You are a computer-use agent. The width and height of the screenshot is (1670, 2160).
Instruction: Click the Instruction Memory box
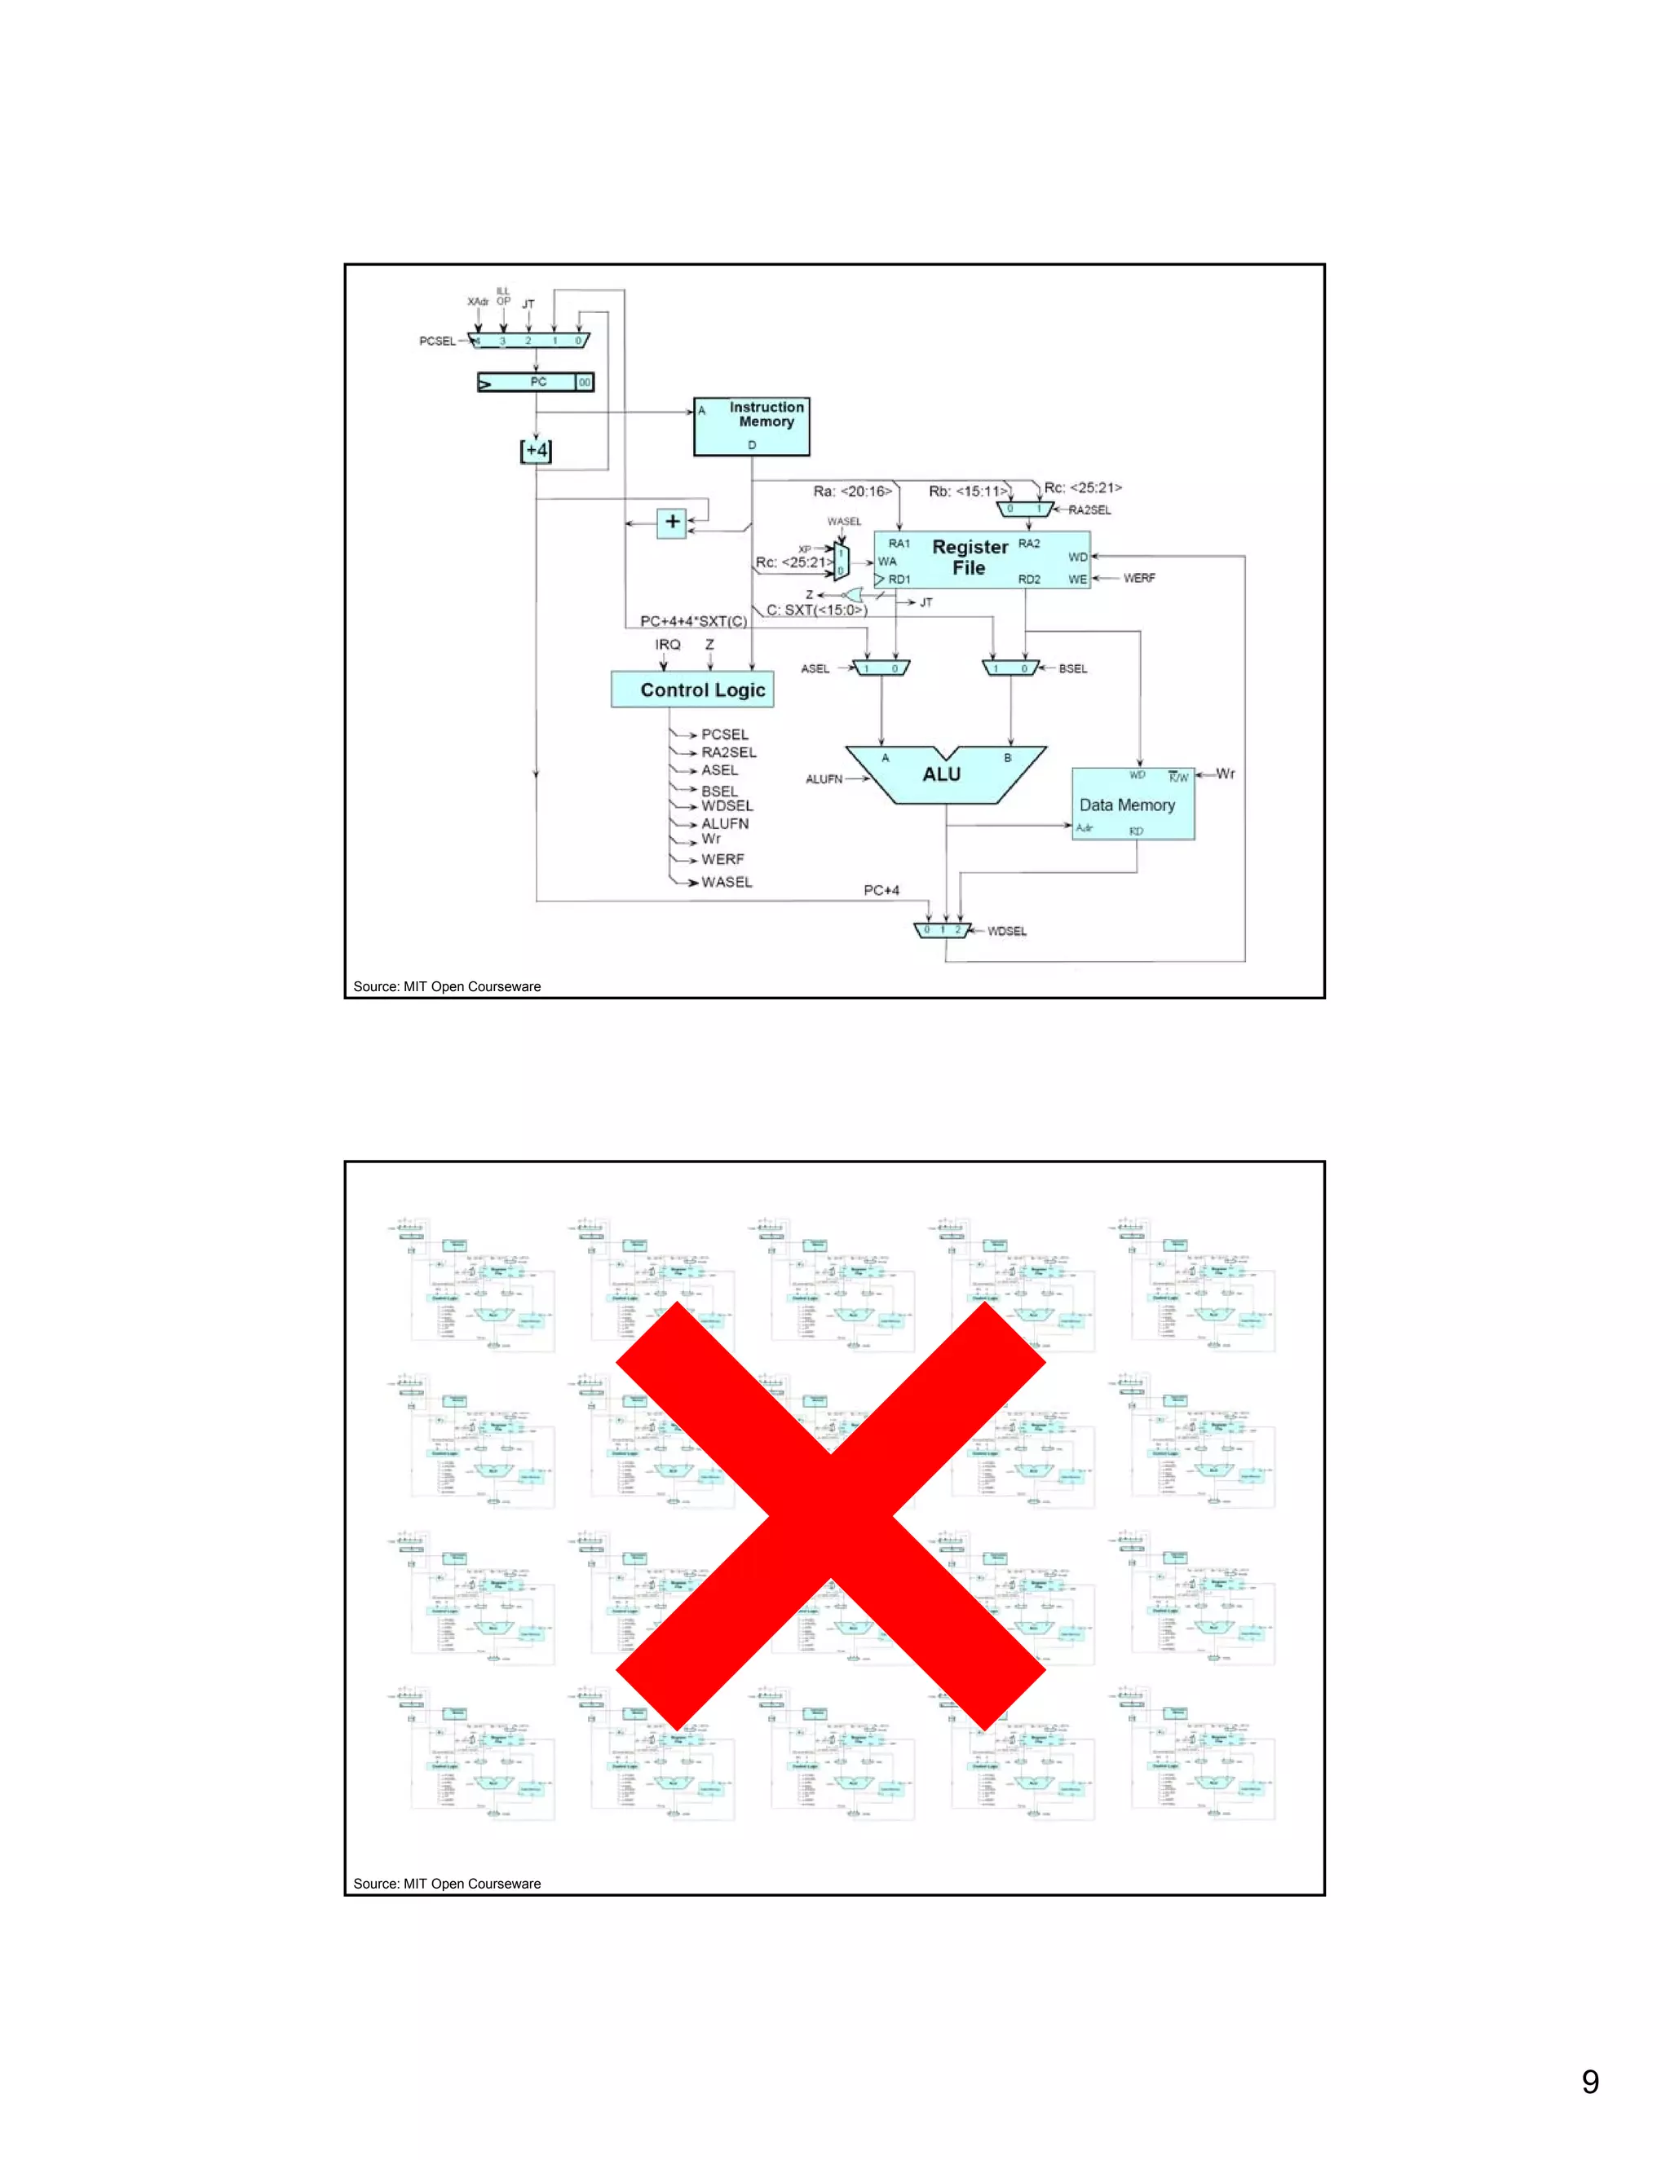(x=751, y=426)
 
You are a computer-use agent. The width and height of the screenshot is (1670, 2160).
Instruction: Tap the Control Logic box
(x=691, y=690)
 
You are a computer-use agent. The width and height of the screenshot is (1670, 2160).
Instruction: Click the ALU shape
(x=943, y=774)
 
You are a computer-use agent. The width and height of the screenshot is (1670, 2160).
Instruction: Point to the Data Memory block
(x=1133, y=804)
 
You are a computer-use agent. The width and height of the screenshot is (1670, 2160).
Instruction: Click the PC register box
(x=535, y=381)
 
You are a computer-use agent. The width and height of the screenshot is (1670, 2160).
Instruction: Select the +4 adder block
(x=535, y=451)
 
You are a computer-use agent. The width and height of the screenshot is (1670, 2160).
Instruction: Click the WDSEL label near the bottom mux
(x=1006, y=931)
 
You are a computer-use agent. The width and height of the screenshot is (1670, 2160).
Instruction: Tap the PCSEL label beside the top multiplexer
(x=437, y=342)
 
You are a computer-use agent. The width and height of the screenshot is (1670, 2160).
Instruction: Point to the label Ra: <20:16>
(x=852, y=491)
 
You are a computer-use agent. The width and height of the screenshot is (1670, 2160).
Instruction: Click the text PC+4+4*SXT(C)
(x=692, y=621)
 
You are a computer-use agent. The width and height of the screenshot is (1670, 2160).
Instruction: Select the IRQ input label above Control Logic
(x=668, y=645)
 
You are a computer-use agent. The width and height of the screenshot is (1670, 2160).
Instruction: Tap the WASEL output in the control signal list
(x=727, y=882)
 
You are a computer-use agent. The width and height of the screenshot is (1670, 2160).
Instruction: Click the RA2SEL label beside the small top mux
(x=1089, y=510)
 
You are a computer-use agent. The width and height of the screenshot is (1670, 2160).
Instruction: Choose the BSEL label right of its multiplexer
(x=1072, y=668)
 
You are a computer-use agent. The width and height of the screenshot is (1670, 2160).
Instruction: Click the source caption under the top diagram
(x=447, y=986)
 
